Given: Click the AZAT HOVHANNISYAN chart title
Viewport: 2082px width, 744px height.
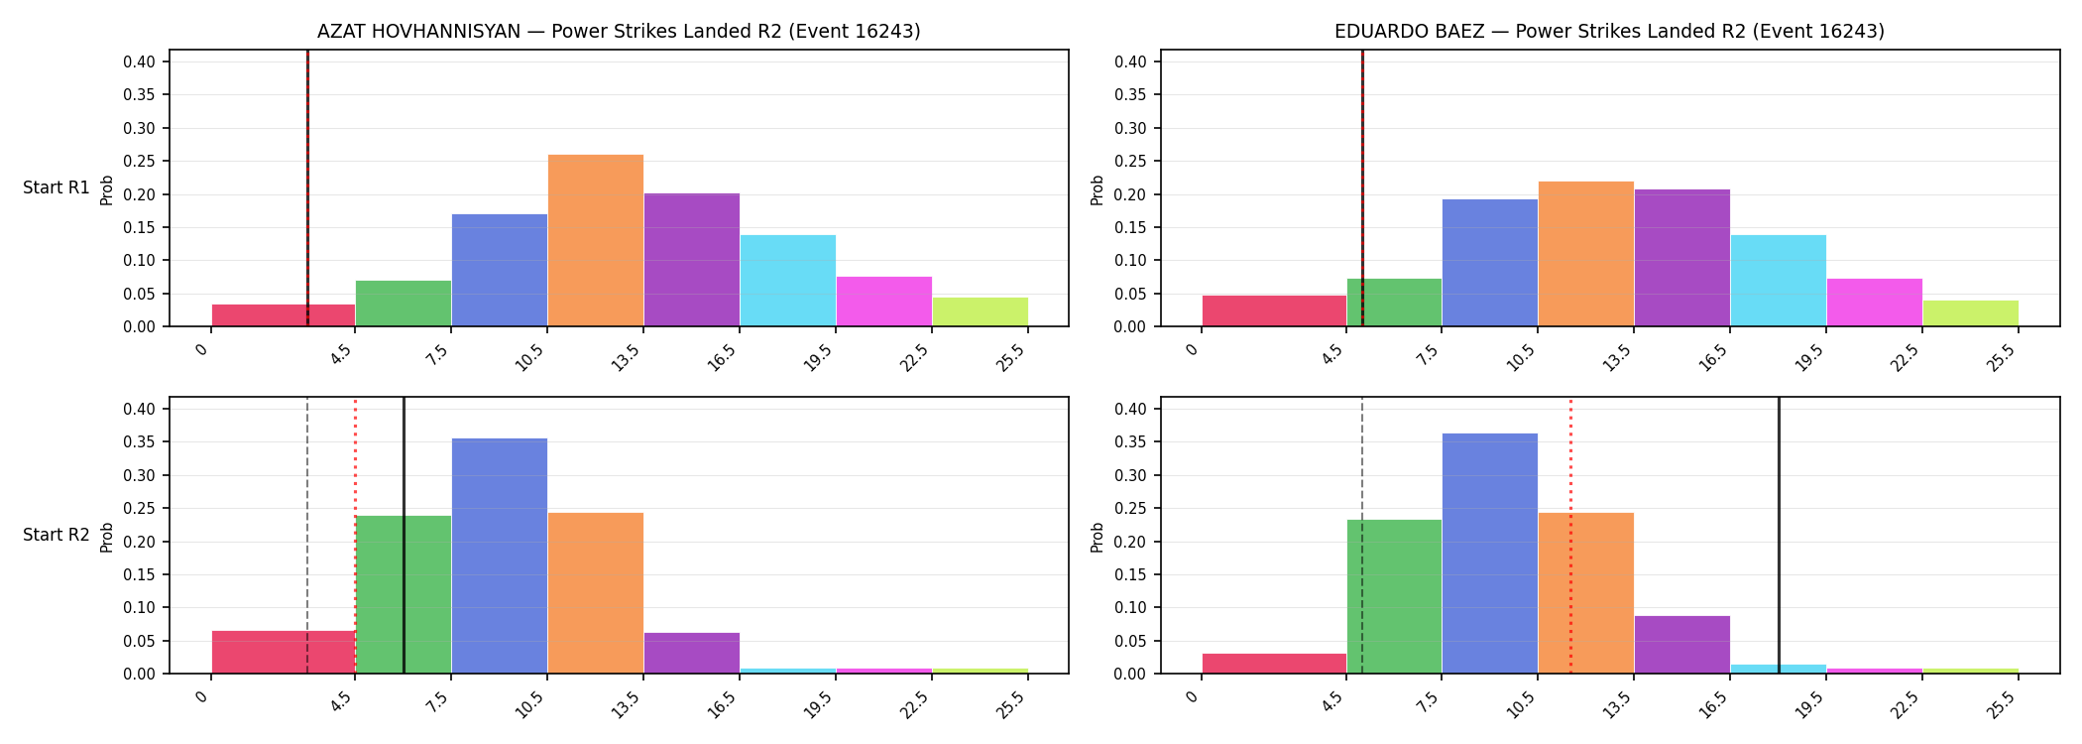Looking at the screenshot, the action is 619,32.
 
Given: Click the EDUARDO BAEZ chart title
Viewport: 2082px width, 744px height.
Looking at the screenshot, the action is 1609,32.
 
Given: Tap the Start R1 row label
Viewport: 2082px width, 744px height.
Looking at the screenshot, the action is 57,187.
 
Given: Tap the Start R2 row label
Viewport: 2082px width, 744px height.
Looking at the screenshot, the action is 57,535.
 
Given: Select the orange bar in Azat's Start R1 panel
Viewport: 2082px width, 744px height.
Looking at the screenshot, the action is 596,240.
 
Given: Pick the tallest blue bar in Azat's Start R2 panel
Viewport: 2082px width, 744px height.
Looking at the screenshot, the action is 500,556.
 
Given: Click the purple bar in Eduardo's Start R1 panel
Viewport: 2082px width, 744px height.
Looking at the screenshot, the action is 1682,258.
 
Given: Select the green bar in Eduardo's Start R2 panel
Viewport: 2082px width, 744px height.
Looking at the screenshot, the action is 1394,596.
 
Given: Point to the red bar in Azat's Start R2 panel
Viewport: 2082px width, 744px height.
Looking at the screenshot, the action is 284,652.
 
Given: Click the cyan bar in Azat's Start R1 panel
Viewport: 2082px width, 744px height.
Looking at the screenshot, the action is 788,281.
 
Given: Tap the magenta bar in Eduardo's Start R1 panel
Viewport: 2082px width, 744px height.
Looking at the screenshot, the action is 1875,303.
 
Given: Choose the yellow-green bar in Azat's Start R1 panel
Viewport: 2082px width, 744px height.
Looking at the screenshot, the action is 981,311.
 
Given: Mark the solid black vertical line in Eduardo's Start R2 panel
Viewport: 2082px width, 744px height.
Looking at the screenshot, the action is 1779,536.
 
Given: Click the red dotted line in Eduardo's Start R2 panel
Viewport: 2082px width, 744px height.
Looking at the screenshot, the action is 1570,536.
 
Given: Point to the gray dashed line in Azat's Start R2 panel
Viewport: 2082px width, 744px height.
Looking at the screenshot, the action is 307,536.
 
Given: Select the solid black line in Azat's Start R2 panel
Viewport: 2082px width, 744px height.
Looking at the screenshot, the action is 404,536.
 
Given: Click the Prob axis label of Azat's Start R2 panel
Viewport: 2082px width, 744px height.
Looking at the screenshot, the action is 107,537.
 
